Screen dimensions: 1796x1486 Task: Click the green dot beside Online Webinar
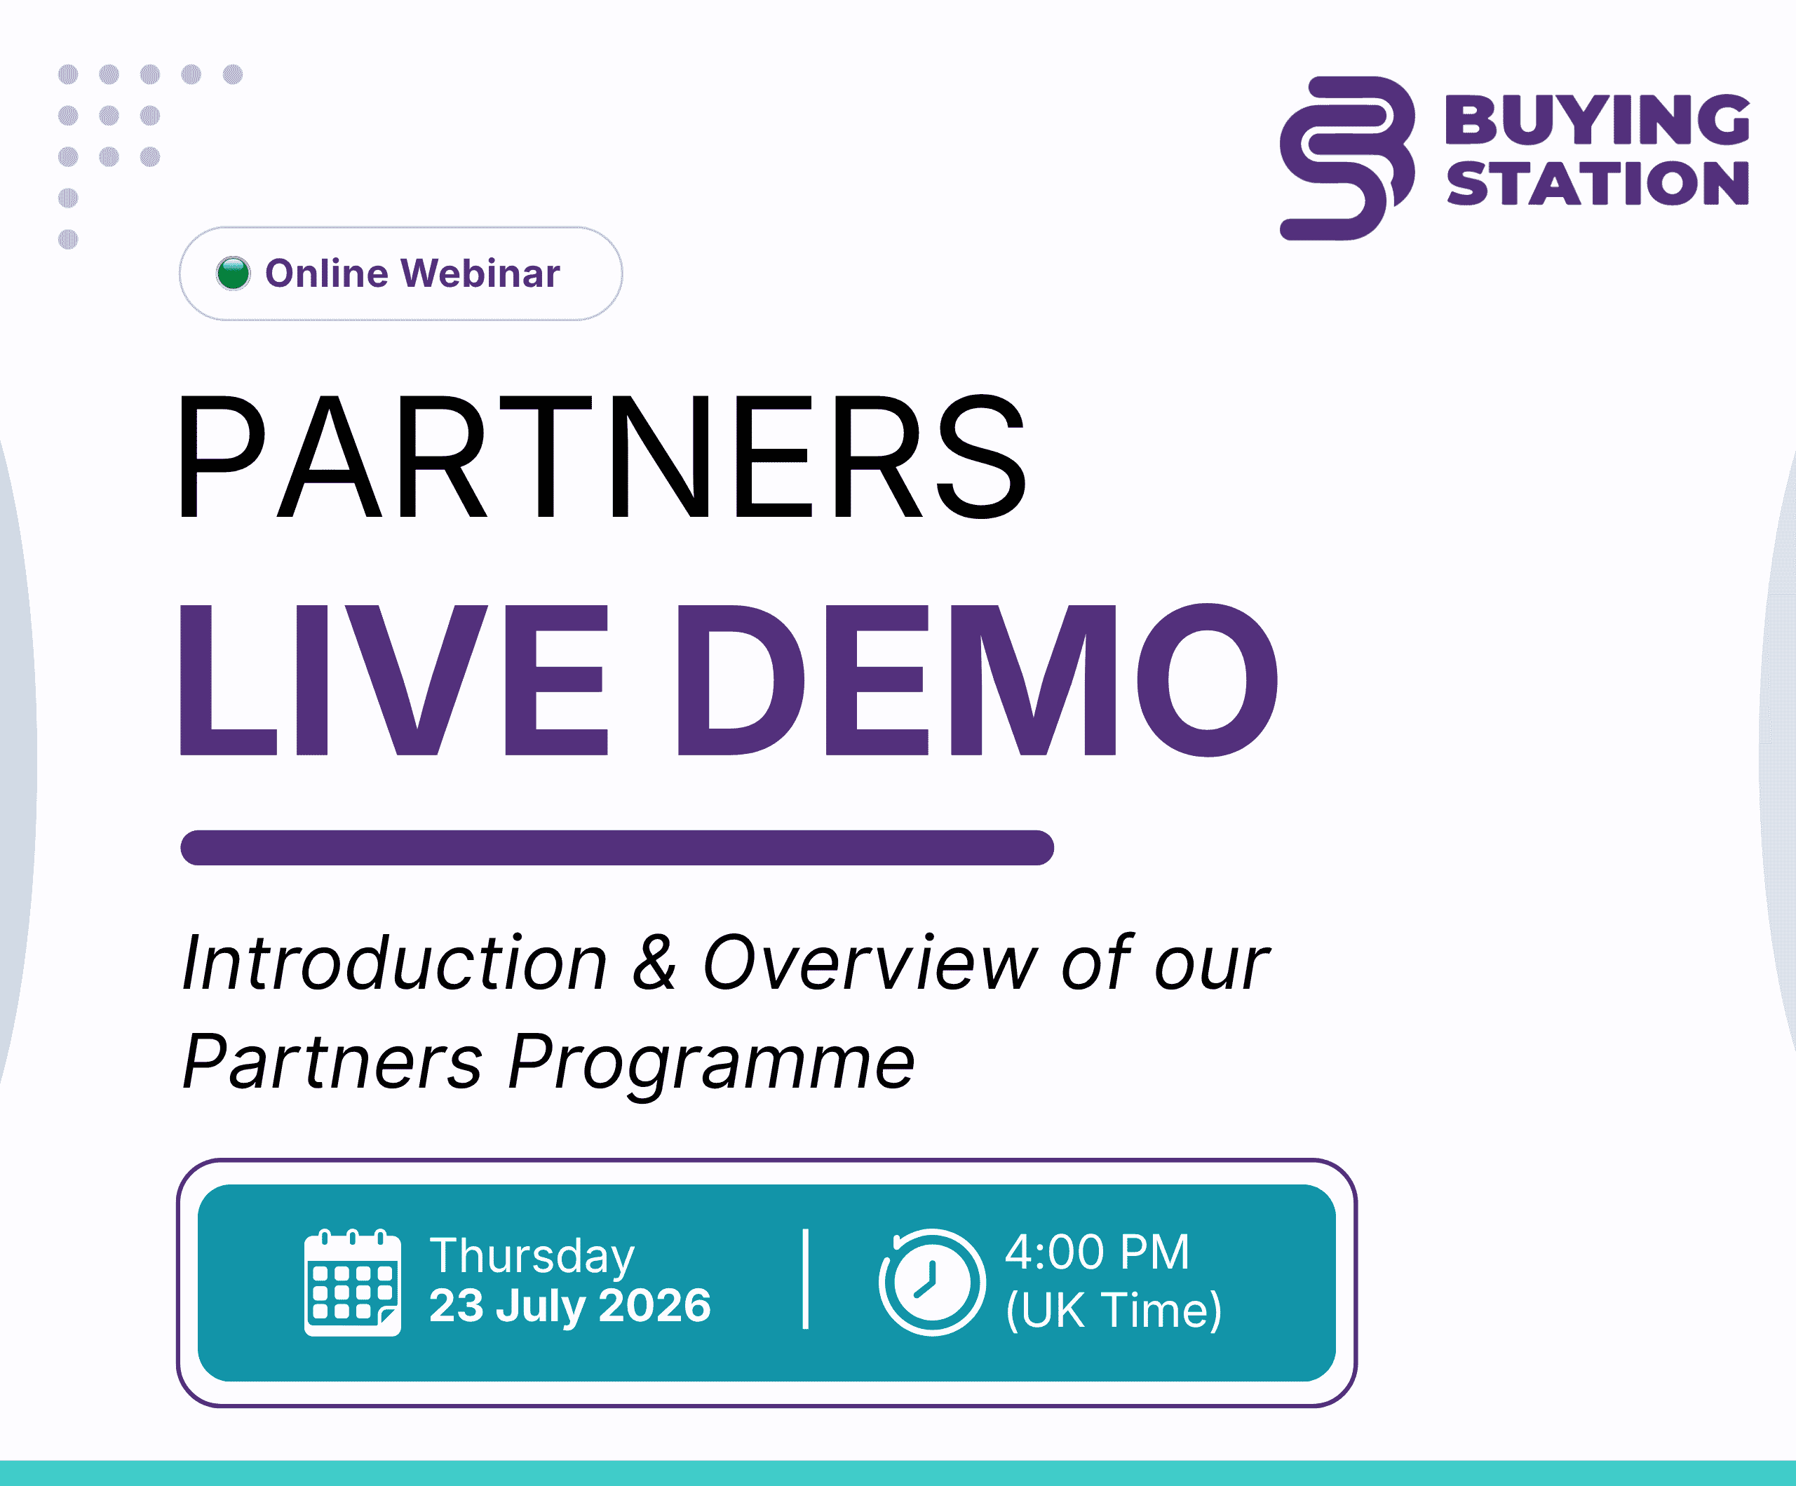233,273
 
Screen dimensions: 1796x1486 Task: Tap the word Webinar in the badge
480,273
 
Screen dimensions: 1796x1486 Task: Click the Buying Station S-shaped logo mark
1347,158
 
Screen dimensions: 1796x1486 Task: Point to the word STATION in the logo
1597,184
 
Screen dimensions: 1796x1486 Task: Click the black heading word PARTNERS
602,457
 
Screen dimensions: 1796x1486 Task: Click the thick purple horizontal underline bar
617,847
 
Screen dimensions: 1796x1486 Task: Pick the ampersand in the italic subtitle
655,962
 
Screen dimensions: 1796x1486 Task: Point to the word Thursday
532,1256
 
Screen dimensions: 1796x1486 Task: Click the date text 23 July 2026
569,1306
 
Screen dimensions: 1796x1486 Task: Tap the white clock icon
931,1283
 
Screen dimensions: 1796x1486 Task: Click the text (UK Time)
1114,1310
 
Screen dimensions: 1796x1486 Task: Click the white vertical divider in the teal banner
806,1280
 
